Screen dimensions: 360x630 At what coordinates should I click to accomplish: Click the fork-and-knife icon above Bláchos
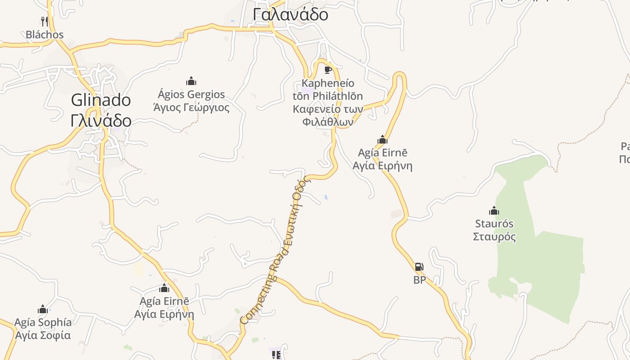[x=44, y=21]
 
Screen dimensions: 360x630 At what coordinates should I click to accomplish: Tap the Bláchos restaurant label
[x=45, y=35]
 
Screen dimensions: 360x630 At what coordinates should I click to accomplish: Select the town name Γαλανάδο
[x=290, y=14]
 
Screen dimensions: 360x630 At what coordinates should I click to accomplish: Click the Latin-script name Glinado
[x=101, y=100]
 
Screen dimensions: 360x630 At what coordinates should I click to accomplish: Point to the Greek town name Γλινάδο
[x=101, y=121]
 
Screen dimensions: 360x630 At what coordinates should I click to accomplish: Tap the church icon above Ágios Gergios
[x=191, y=81]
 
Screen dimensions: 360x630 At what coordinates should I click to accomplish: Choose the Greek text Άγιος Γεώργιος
[x=191, y=108]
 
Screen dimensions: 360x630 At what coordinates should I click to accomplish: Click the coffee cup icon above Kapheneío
[x=328, y=70]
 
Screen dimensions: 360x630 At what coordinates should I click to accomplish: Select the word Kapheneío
[x=328, y=83]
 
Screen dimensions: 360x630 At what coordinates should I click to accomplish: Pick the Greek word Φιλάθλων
[x=328, y=122]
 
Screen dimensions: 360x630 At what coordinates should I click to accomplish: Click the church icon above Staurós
[x=494, y=211]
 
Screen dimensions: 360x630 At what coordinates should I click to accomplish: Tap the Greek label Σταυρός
[x=494, y=237]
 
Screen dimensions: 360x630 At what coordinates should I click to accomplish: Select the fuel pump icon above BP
[x=419, y=267]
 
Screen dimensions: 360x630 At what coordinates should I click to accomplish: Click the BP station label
[x=419, y=280]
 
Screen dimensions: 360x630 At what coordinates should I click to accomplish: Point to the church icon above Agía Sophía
[x=43, y=309]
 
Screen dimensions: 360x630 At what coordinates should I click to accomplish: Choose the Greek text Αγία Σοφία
[x=43, y=335]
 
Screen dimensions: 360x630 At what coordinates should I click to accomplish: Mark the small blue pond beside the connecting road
[x=325, y=197]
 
